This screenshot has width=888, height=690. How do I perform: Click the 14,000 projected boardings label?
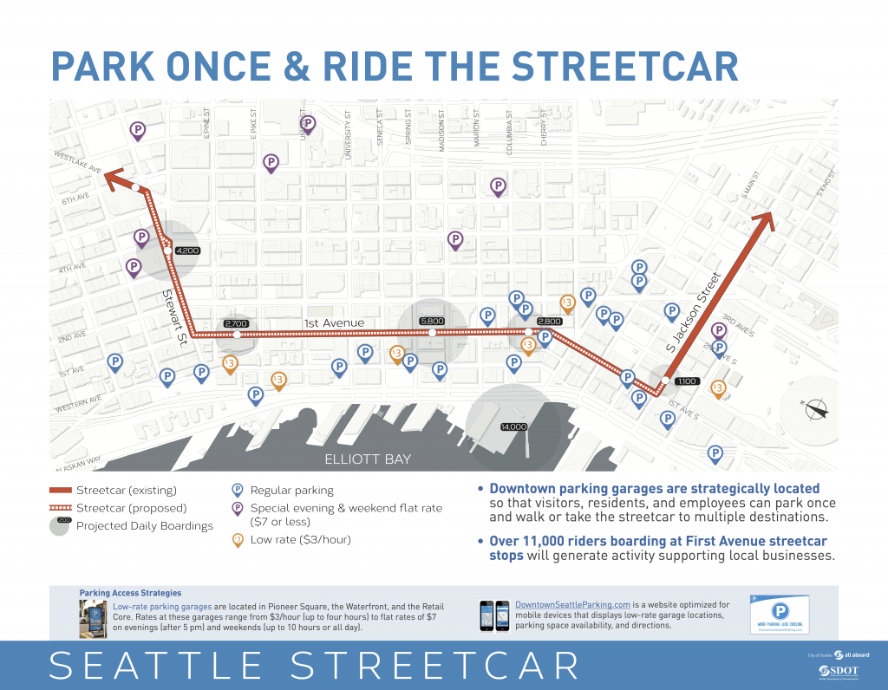513,426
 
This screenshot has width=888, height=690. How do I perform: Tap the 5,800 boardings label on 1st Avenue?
431,322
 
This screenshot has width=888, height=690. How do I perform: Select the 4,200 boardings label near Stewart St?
187,251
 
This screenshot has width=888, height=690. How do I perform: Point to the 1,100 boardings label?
686,381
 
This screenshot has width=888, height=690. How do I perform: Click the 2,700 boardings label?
236,323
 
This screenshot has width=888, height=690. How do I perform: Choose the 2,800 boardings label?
549,322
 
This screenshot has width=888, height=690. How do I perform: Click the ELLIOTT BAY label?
368,459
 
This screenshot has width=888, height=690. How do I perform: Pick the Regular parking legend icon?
237,490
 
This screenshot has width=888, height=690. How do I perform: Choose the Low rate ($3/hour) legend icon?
237,539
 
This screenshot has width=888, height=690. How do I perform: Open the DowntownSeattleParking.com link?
571,604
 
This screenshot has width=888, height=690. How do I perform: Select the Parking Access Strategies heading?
130,593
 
